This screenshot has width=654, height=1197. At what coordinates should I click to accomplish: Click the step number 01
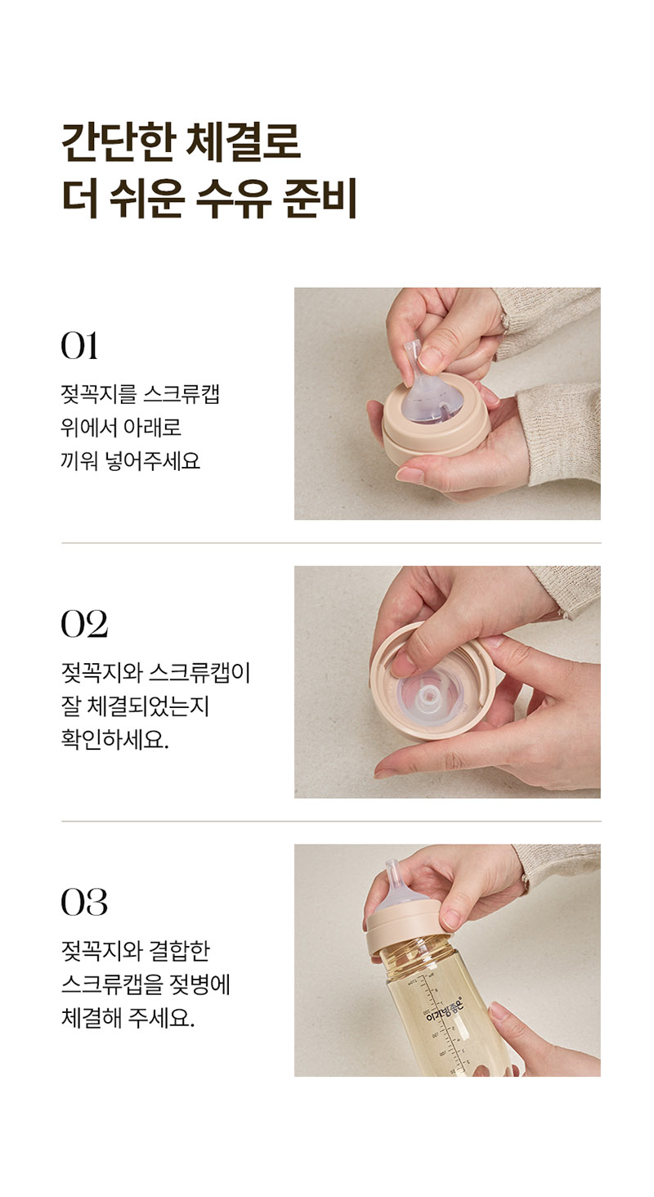click(79, 346)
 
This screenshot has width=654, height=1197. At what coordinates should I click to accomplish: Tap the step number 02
click(84, 624)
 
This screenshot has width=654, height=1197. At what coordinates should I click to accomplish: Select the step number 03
click(84, 902)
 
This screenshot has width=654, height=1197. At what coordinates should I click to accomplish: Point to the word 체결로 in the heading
click(244, 143)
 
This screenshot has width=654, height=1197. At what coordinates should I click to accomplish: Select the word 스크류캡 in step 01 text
click(181, 394)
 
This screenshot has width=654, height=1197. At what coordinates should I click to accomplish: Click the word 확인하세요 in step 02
click(114, 740)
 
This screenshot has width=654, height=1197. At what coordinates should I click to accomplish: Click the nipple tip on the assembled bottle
click(392, 867)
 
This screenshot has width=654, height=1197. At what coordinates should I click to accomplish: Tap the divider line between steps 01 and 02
click(331, 543)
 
